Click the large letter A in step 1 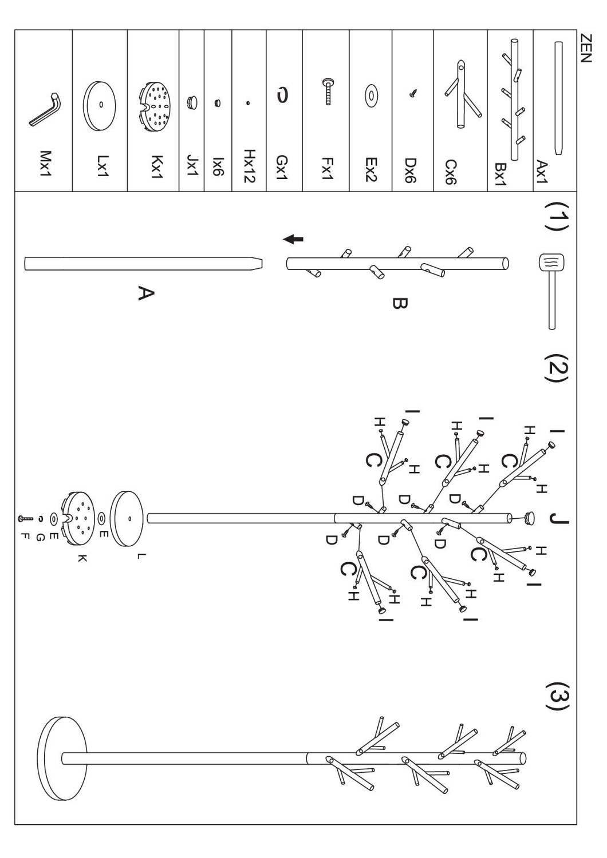click(x=145, y=293)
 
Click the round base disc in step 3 click(x=62, y=758)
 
